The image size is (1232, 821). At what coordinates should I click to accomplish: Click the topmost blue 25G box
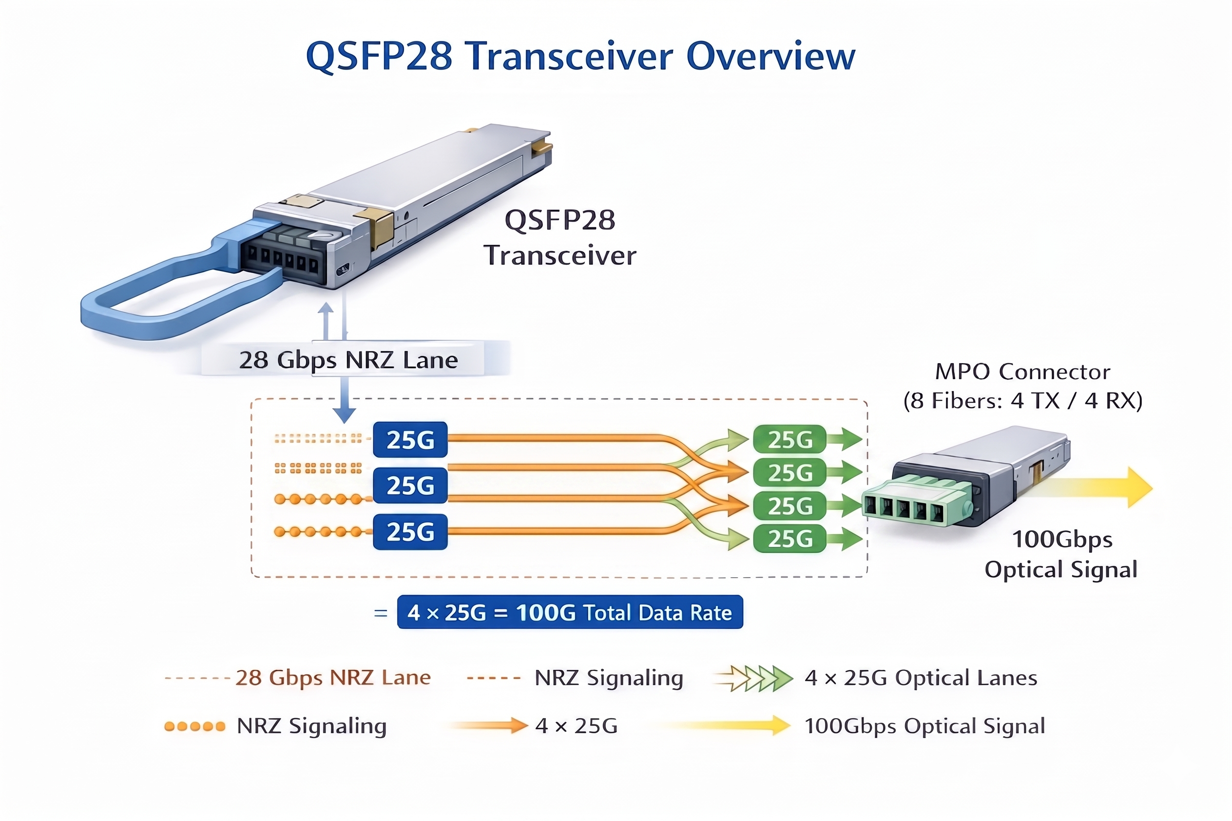(410, 439)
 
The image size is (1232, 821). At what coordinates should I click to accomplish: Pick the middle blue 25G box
(410, 486)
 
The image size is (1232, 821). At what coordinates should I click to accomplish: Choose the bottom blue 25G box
(410, 531)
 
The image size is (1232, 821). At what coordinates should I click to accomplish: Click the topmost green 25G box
(789, 439)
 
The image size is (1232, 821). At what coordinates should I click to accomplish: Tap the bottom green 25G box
(789, 539)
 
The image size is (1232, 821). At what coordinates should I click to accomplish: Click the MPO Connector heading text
(1022, 372)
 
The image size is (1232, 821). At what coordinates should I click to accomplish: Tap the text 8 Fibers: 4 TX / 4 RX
(1022, 401)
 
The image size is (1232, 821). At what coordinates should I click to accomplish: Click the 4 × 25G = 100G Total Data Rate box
(569, 612)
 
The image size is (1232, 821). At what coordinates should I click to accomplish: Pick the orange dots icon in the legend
(194, 726)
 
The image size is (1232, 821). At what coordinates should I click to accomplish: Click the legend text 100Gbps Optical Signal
(924, 726)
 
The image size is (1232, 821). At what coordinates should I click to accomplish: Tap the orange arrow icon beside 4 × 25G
(489, 725)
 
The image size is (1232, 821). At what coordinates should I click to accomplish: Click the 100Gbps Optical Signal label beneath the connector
(1061, 554)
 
